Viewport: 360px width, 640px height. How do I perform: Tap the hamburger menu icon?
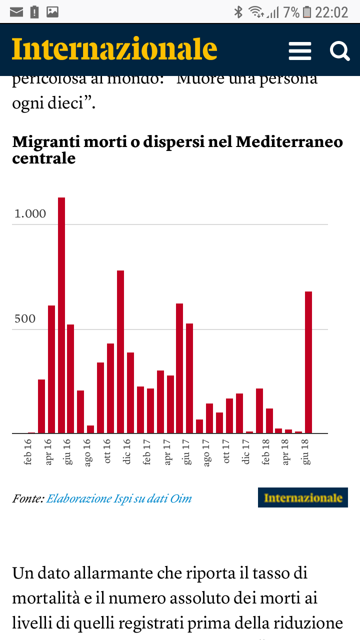(300, 51)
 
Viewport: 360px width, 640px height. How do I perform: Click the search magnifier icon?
(339, 51)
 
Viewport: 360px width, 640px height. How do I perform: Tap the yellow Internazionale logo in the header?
(114, 49)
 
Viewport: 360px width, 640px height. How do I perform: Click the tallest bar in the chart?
(61, 315)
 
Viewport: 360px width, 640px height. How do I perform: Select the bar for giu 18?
(308, 362)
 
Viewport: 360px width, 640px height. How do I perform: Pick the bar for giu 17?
(189, 378)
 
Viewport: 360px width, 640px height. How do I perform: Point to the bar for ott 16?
(110, 388)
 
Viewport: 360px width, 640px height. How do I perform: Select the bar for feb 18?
(259, 410)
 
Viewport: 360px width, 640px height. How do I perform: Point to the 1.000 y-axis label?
(30, 214)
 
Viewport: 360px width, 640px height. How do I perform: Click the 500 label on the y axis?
(25, 319)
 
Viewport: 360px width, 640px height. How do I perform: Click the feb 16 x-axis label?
(28, 452)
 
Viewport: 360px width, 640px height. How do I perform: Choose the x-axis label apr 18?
(285, 452)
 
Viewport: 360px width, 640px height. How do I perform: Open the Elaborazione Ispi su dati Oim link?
(119, 498)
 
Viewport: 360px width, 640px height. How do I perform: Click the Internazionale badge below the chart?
(303, 497)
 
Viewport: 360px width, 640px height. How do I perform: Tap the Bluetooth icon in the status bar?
(238, 12)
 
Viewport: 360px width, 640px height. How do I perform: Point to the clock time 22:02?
(331, 12)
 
